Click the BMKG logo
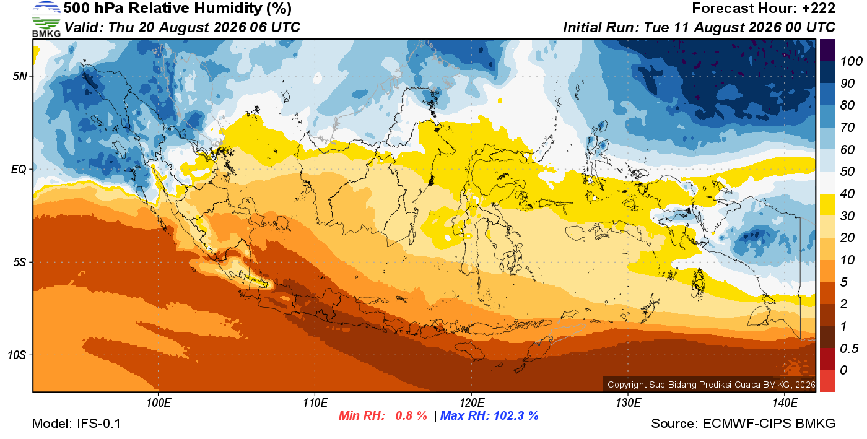(x=46, y=19)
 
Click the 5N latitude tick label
(x=20, y=76)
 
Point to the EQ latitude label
(x=19, y=169)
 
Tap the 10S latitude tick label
(x=17, y=355)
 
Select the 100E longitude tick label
(x=159, y=402)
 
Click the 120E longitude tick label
(x=471, y=402)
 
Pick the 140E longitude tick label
(x=785, y=402)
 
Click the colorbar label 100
(x=851, y=61)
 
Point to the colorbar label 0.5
(x=849, y=349)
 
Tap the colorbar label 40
(x=847, y=194)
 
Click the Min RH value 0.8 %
(x=411, y=415)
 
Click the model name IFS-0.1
(x=98, y=424)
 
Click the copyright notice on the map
(x=711, y=385)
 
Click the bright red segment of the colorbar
(x=827, y=381)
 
